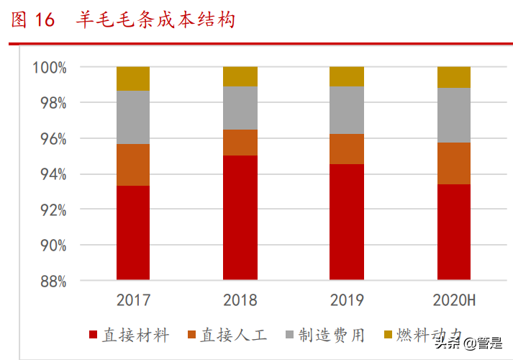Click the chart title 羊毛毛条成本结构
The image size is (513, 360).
[x=155, y=20]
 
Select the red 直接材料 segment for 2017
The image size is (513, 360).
[x=133, y=233]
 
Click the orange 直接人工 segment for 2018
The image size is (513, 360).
[x=240, y=143]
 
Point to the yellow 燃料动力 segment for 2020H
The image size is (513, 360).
[x=454, y=77]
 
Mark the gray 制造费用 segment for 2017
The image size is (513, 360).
[x=133, y=117]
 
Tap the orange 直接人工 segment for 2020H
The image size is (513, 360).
[x=454, y=163]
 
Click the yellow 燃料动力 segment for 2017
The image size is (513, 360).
[x=133, y=78]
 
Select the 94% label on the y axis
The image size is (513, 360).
[x=51, y=174]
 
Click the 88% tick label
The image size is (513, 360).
[x=51, y=281]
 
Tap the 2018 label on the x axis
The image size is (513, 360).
[x=240, y=300]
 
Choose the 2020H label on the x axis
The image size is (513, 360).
[x=453, y=300]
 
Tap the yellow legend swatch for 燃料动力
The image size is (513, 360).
[x=389, y=336]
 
